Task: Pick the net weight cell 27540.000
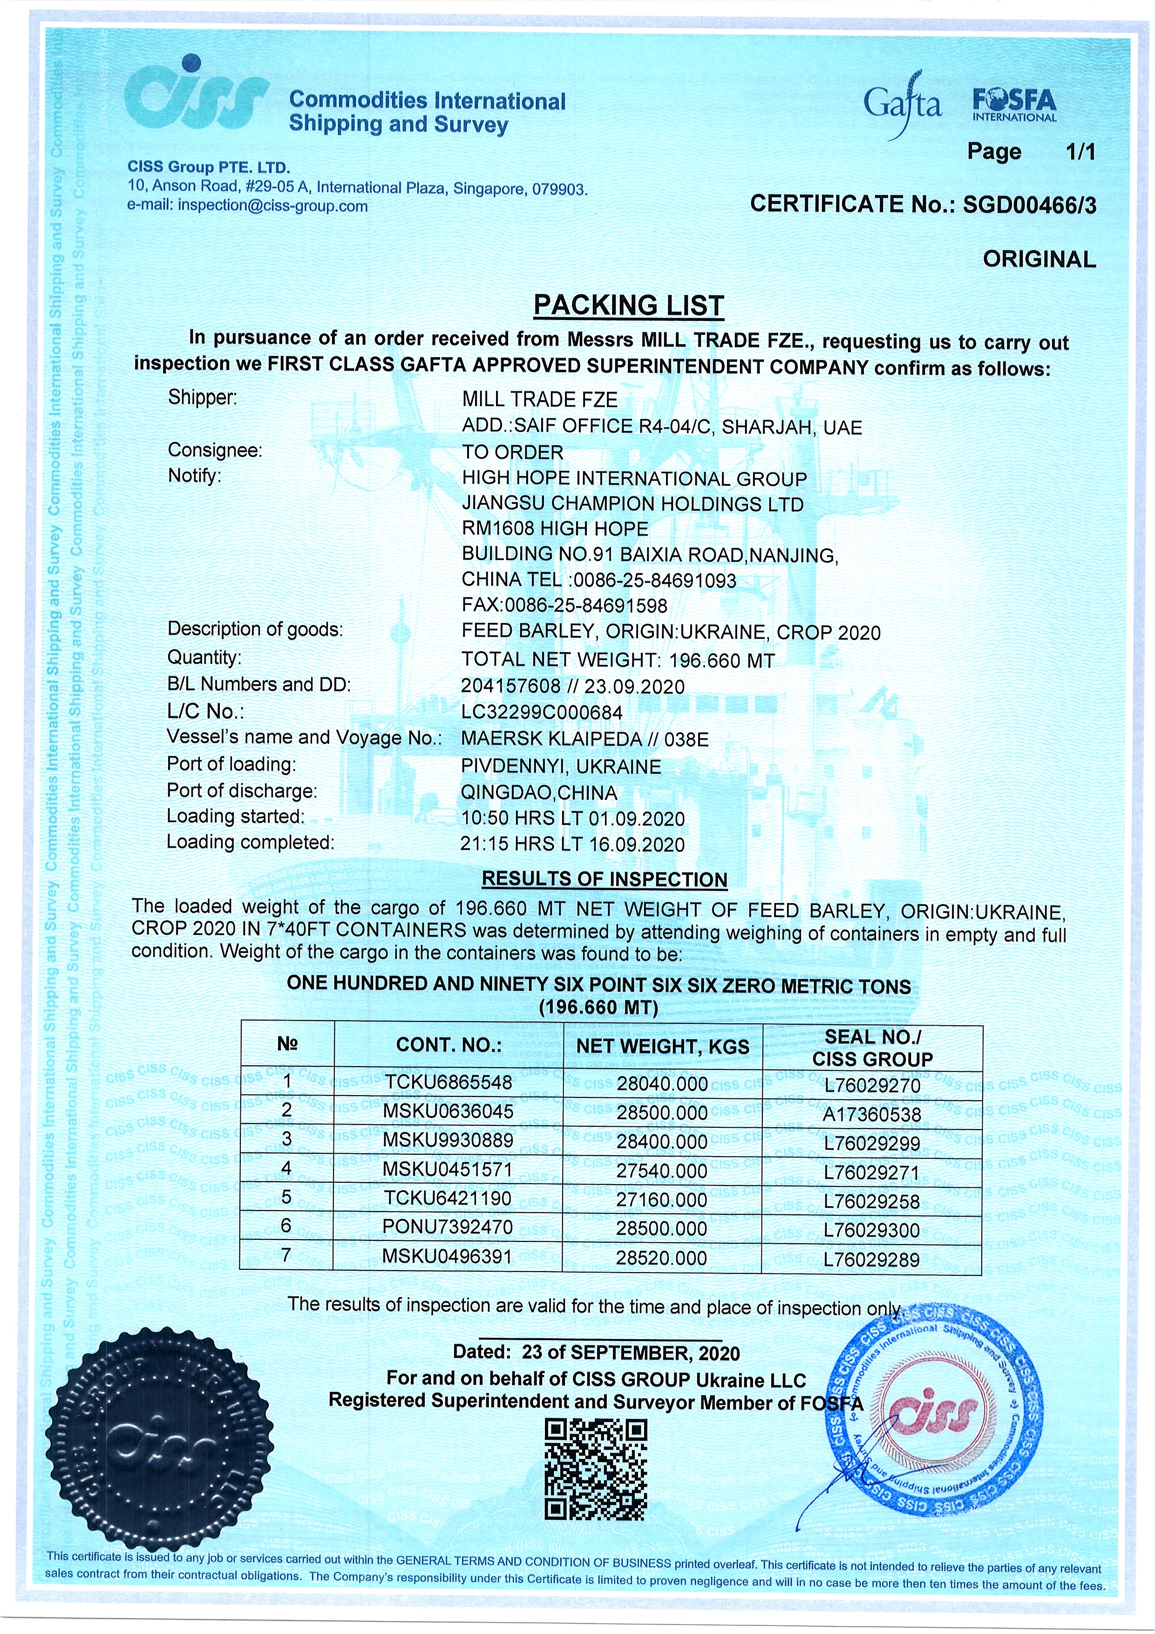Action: click(662, 1171)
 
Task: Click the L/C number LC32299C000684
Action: click(542, 712)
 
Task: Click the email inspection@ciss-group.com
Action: click(272, 206)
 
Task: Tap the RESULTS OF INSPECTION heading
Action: click(604, 879)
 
